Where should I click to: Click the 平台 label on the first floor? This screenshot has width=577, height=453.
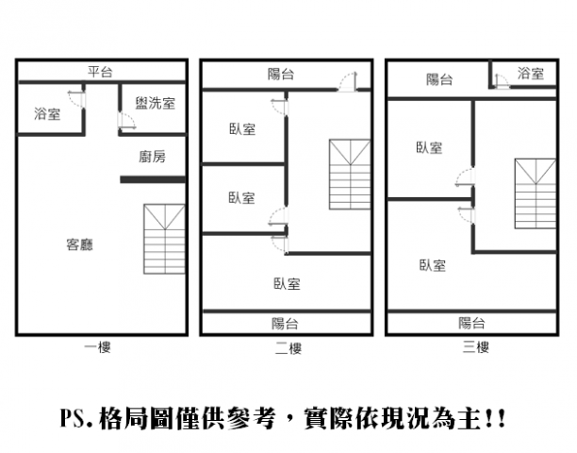99,71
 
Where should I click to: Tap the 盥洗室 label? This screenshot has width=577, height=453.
155,103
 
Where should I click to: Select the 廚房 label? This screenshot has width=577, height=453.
152,157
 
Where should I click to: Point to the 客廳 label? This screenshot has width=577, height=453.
80,244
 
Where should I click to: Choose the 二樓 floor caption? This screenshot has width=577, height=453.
288,347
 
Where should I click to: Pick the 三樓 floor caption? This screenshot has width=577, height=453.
475,347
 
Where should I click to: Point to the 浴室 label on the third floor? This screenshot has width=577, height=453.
531,74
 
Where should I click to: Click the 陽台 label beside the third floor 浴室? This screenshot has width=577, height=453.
438,79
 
